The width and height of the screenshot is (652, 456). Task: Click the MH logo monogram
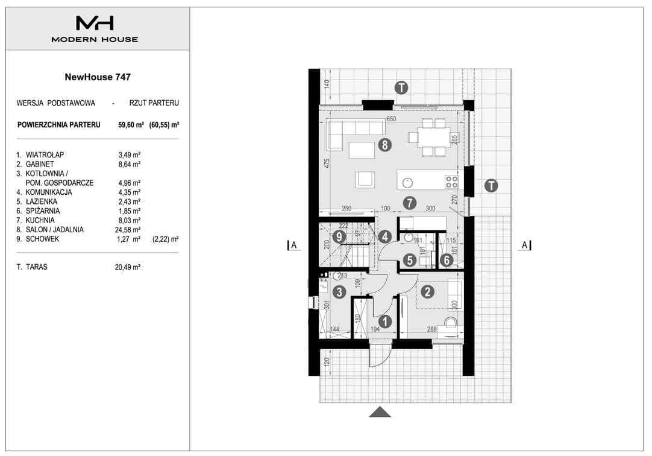95,23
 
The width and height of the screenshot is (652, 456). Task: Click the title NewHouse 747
98,77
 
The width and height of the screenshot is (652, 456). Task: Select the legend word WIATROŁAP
45,155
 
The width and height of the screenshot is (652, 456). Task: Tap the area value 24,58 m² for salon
128,230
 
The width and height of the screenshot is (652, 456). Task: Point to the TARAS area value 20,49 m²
128,267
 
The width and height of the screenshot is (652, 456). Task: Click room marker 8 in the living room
385,145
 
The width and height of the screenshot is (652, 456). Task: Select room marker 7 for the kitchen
410,203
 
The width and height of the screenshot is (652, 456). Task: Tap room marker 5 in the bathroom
410,261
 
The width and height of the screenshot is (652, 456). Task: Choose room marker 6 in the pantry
447,261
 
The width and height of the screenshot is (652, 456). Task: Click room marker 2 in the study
427,292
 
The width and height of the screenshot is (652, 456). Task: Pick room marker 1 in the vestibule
385,321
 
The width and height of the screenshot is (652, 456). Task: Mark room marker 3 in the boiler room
339,292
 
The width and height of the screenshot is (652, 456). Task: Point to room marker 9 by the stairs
339,237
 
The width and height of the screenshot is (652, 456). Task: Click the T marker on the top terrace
401,88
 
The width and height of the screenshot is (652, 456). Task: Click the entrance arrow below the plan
380,412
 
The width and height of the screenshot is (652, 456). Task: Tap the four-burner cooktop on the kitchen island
451,182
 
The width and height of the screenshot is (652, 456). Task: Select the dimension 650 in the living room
391,119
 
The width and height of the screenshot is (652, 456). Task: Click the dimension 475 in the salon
327,163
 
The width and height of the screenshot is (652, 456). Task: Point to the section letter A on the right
525,245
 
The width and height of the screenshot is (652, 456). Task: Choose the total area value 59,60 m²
131,125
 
